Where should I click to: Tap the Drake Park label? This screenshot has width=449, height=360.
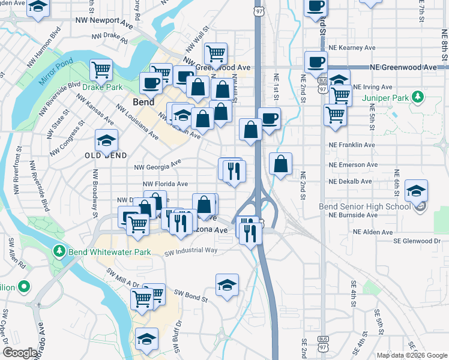(x=103, y=87)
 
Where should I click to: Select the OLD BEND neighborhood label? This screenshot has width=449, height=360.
(x=106, y=155)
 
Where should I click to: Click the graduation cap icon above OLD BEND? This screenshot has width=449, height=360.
(x=106, y=141)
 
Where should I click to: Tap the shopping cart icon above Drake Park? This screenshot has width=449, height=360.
(x=101, y=69)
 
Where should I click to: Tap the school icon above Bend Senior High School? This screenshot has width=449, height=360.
(x=416, y=191)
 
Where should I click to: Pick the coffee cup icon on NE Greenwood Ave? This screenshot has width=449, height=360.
(x=316, y=62)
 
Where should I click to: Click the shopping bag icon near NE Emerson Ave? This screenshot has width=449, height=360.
(x=280, y=163)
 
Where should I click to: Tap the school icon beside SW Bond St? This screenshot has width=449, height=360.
(x=227, y=284)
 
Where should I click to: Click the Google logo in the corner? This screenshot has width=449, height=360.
(x=20, y=352)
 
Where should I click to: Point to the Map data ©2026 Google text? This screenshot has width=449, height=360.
(x=412, y=355)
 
